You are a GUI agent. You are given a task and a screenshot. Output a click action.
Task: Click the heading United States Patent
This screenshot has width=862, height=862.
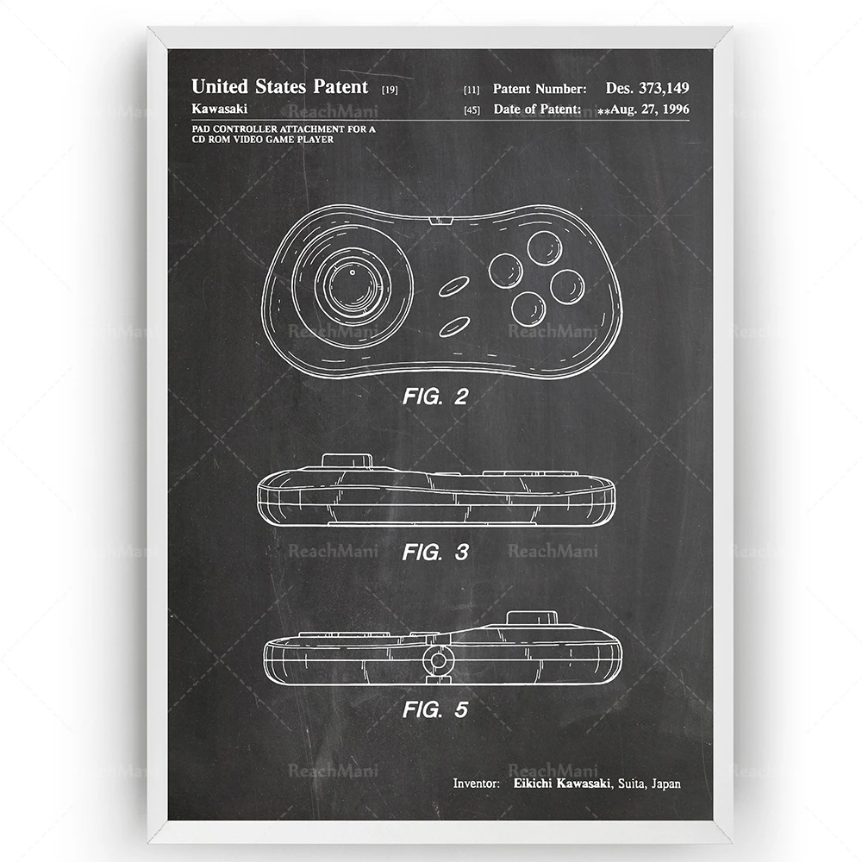tap(279, 86)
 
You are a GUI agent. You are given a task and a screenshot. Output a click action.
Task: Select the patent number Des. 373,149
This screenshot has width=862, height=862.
tap(647, 88)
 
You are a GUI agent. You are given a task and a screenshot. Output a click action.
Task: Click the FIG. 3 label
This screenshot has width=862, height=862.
tap(435, 553)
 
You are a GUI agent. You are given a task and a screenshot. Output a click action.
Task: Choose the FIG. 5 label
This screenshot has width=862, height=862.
tap(435, 710)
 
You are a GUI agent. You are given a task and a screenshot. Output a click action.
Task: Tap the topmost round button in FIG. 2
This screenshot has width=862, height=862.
tap(545, 248)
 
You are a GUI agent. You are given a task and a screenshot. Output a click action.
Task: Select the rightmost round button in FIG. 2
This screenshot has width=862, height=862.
tap(567, 287)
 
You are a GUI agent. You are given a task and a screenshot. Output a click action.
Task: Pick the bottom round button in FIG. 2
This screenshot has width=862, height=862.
tap(527, 307)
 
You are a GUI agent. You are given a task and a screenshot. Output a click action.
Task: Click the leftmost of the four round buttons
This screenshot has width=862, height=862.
tap(506, 270)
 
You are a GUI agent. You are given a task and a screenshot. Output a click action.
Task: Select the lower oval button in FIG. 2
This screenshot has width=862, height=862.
tap(455, 326)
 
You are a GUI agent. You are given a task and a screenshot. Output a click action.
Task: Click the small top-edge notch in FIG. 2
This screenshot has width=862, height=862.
tap(440, 222)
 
